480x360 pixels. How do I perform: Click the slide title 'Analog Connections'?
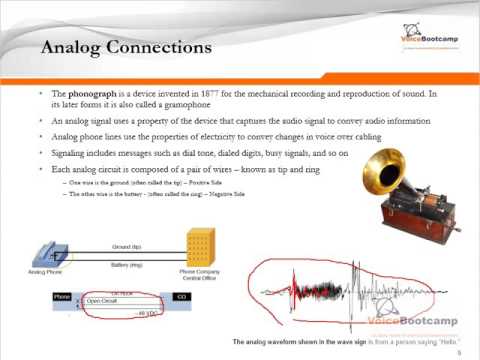pos(122,47)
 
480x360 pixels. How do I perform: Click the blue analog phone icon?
pos(51,252)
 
